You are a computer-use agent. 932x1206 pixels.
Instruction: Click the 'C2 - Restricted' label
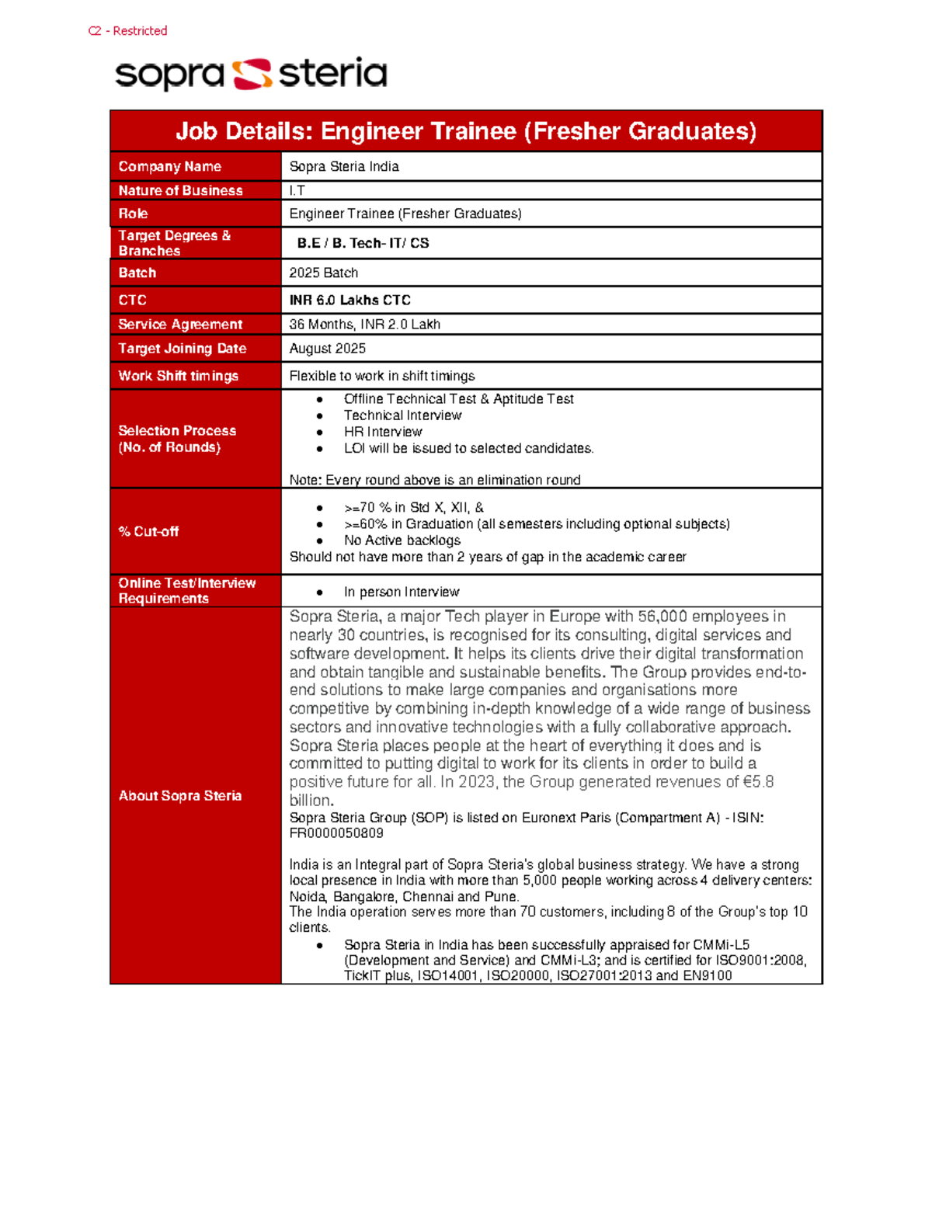pyautogui.click(x=127, y=31)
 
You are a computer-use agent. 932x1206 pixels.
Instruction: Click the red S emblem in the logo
pyautogui.click(x=252, y=74)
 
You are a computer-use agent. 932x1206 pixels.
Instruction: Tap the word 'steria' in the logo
pyautogui.click(x=332, y=73)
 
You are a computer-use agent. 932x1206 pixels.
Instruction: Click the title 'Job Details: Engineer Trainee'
pyautogui.click(x=466, y=131)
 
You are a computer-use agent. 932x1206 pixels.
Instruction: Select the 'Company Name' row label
pyautogui.click(x=169, y=167)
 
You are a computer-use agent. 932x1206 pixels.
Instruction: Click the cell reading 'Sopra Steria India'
pyautogui.click(x=344, y=167)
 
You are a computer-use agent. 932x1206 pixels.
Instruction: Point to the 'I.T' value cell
pyautogui.click(x=297, y=190)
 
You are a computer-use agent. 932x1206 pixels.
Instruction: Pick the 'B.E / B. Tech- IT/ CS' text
pyautogui.click(x=363, y=243)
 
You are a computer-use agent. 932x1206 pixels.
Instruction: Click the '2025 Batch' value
pyautogui.click(x=323, y=273)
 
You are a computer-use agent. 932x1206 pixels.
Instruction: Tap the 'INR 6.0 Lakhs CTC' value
pyautogui.click(x=349, y=301)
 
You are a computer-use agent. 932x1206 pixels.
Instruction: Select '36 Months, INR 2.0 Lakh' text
pyautogui.click(x=364, y=325)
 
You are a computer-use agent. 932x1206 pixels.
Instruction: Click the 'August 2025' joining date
pyautogui.click(x=327, y=349)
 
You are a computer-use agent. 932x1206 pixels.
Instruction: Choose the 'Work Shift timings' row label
pyautogui.click(x=178, y=376)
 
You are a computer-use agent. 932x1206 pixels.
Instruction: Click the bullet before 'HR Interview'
pyautogui.click(x=319, y=433)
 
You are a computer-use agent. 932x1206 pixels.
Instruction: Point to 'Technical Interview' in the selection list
pyautogui.click(x=402, y=415)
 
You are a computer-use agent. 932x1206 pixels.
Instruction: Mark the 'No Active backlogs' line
pyautogui.click(x=402, y=540)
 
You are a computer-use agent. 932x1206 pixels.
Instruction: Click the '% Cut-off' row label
pyautogui.click(x=148, y=532)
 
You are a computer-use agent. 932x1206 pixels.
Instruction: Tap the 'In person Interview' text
pyautogui.click(x=402, y=593)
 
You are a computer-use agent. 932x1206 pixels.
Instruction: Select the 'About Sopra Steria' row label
pyautogui.click(x=179, y=796)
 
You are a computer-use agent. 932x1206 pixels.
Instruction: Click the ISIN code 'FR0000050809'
pyautogui.click(x=336, y=833)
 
